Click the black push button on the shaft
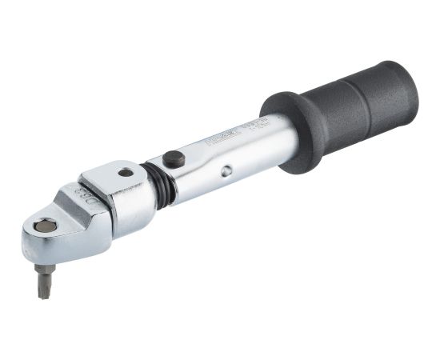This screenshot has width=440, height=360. [174, 159]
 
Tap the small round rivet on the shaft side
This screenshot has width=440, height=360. [227, 170]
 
